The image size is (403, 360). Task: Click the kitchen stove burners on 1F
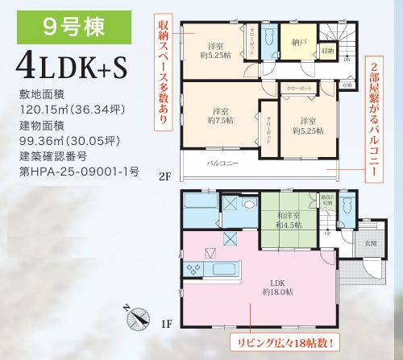tap(194, 267)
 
